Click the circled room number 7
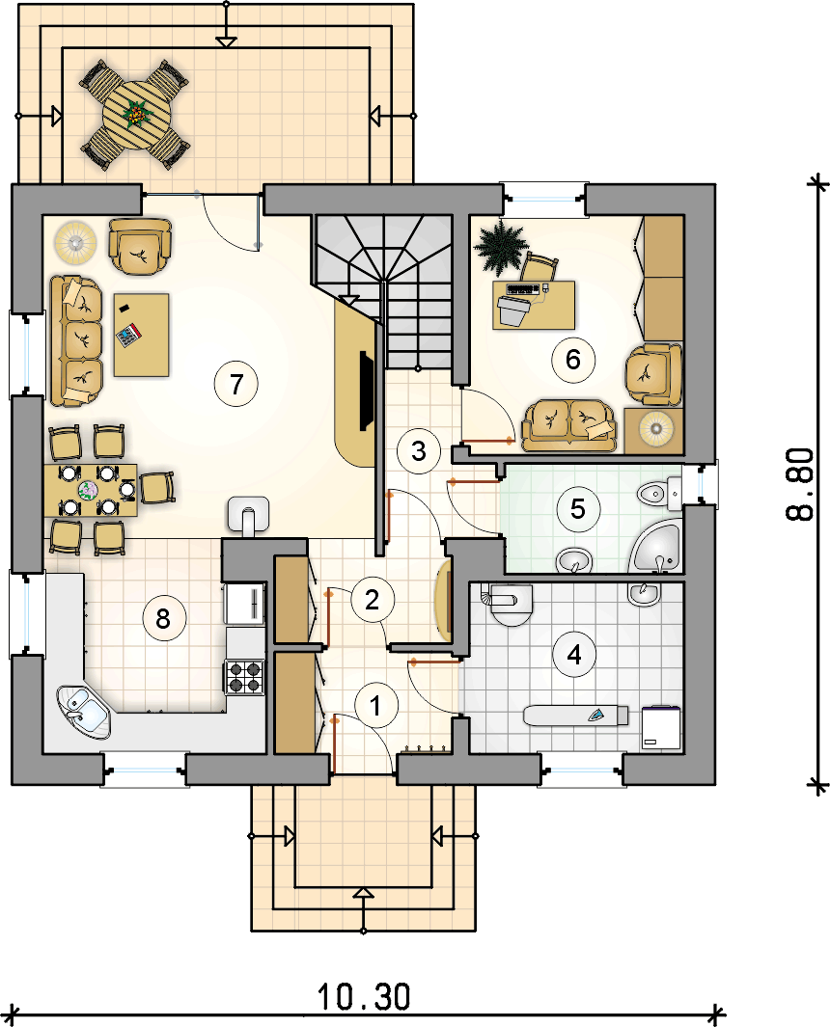click(236, 384)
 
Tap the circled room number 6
click(573, 360)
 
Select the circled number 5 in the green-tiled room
click(577, 508)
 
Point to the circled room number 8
click(162, 617)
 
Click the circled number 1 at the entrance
click(375, 706)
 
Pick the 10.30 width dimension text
click(364, 997)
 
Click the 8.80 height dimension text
click(800, 484)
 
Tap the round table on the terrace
click(136, 116)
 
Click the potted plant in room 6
click(500, 246)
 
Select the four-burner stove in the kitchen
click(245, 677)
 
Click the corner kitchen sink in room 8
click(83, 712)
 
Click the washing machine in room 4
click(661, 727)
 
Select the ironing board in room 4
click(576, 715)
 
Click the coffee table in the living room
click(141, 335)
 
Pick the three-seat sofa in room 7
click(76, 340)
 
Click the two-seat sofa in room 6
click(569, 425)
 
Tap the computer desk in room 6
click(534, 305)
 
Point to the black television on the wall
click(364, 391)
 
